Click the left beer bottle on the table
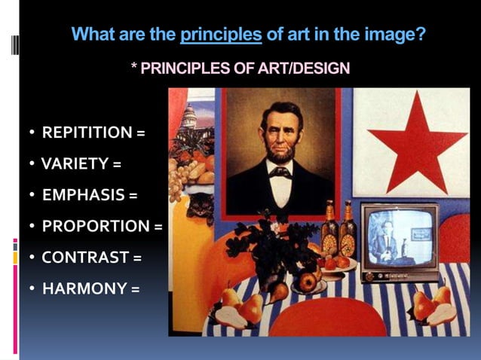[329, 230]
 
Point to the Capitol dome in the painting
[188, 115]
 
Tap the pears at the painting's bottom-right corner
[434, 305]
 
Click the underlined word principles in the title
[221, 34]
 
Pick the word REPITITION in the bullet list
[87, 133]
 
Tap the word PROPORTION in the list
[96, 226]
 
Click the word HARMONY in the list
[84, 288]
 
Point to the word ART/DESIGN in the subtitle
[306, 69]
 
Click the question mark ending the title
[420, 34]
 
